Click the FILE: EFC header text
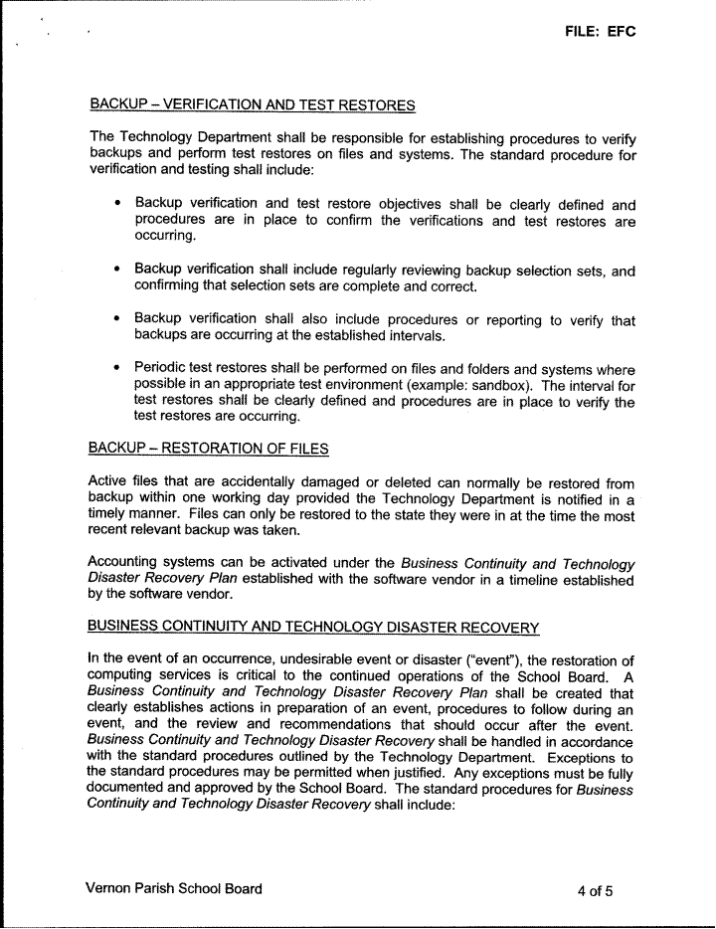tap(599, 32)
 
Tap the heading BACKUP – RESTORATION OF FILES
tap(209, 449)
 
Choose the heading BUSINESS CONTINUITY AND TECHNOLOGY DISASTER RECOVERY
tap(313, 627)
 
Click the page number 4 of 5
tap(595, 890)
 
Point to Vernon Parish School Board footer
tap(175, 889)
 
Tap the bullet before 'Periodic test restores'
tap(118, 368)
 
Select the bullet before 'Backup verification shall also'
tap(118, 320)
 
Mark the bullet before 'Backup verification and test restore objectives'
tap(118, 204)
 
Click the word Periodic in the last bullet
tap(163, 368)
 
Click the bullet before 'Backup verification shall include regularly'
tap(118, 270)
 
